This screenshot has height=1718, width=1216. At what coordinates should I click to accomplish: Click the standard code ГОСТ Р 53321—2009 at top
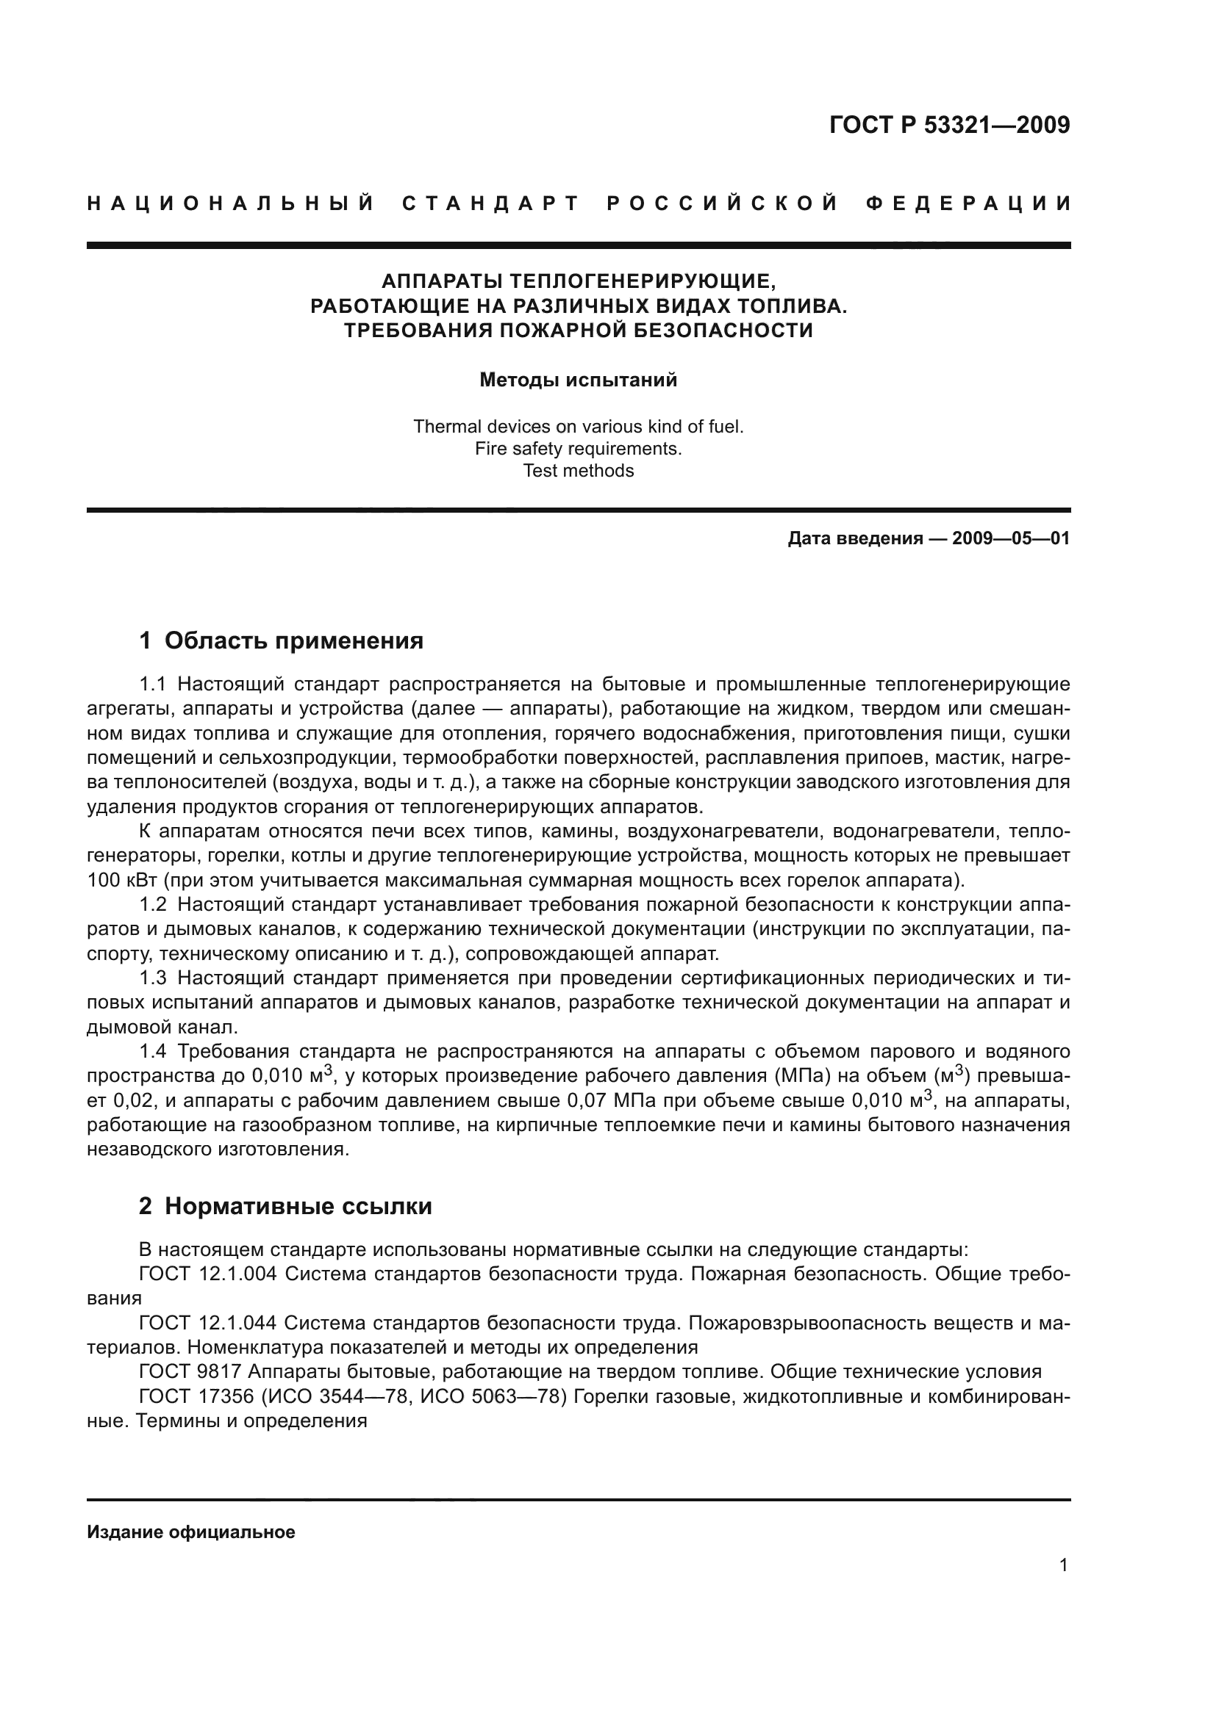pos(949,125)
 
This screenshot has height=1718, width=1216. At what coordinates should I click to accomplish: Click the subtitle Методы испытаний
pos(578,380)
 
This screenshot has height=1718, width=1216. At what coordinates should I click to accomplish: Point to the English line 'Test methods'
pos(578,471)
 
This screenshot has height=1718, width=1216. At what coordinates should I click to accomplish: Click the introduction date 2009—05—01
pos(1011,538)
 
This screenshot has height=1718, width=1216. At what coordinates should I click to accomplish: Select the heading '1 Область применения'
pos(282,641)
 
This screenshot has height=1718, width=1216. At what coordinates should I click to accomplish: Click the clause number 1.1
pos(156,685)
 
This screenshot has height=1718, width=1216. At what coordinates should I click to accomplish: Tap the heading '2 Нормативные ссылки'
pos(285,1206)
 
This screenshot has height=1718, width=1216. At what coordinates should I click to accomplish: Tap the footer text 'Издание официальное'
pos(191,1532)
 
